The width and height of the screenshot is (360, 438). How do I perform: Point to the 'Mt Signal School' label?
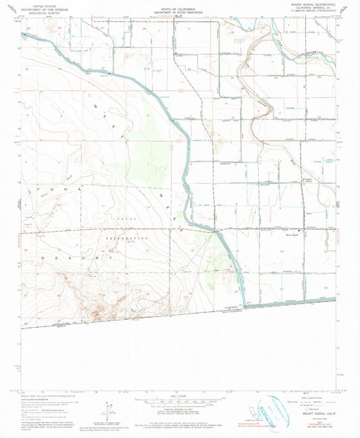[307, 181]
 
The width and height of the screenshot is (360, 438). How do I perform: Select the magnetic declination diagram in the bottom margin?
[105, 409]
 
